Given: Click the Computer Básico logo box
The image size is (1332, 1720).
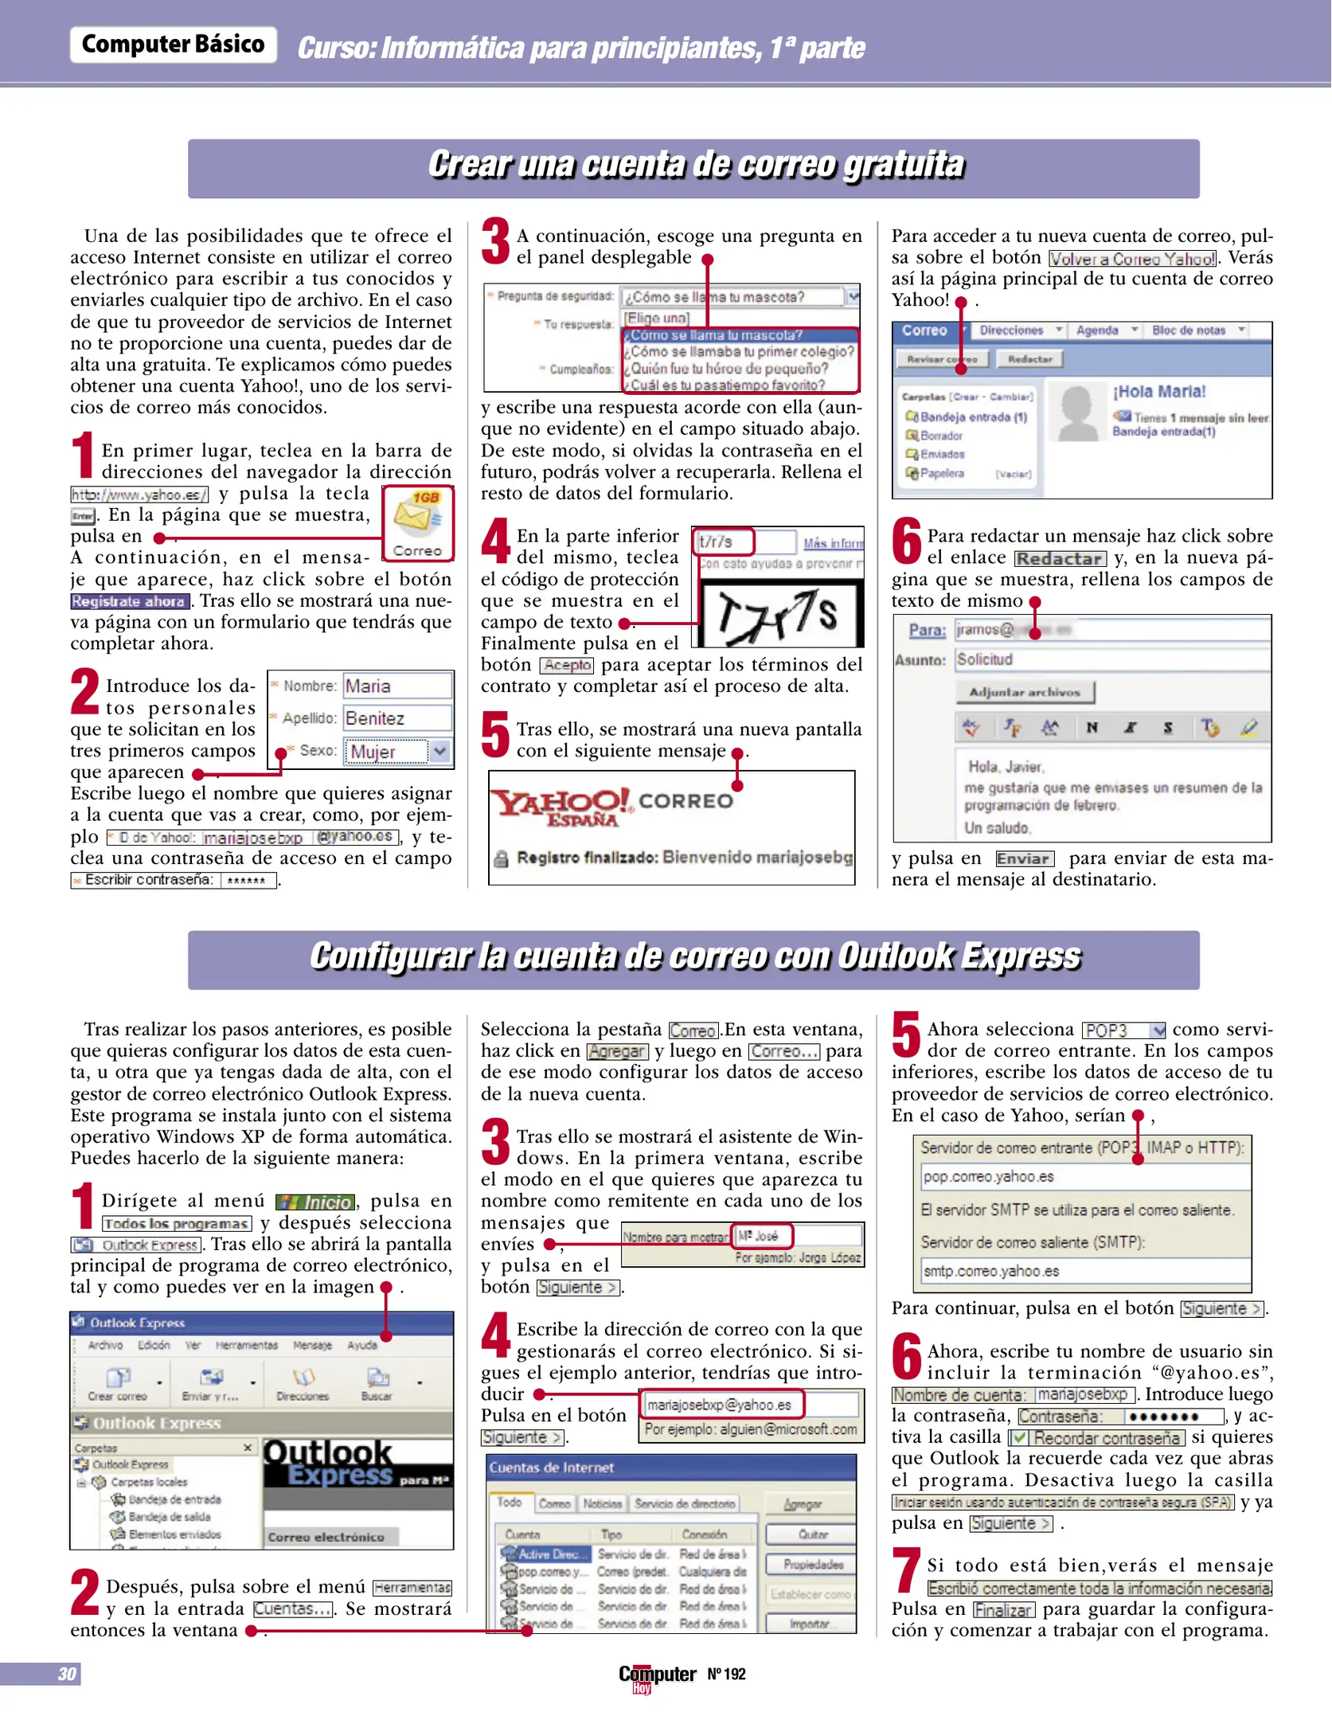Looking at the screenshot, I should pyautogui.click(x=173, y=45).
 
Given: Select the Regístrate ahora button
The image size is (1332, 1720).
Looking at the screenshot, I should pyautogui.click(x=130, y=601).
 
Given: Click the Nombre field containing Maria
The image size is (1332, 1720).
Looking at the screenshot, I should pyautogui.click(x=396, y=686).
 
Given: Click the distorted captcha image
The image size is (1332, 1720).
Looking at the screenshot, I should pyautogui.click(x=779, y=612).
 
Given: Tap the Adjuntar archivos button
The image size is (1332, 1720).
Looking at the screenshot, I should pyautogui.click(x=1024, y=692).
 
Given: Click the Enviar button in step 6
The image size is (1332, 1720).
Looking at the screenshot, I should pyautogui.click(x=1024, y=858).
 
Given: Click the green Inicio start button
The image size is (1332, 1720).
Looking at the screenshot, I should pyautogui.click(x=315, y=1202).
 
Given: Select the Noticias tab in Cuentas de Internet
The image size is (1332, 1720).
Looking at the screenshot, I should pyautogui.click(x=602, y=1503).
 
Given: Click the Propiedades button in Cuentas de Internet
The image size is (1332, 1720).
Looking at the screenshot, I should pyautogui.click(x=811, y=1564).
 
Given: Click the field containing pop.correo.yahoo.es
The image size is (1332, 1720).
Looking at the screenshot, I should pyautogui.click(x=1083, y=1176).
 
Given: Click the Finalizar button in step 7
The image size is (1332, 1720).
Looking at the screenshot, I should pyautogui.click(x=1002, y=1609).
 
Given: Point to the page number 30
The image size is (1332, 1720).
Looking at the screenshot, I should pyautogui.click(x=68, y=1673).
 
